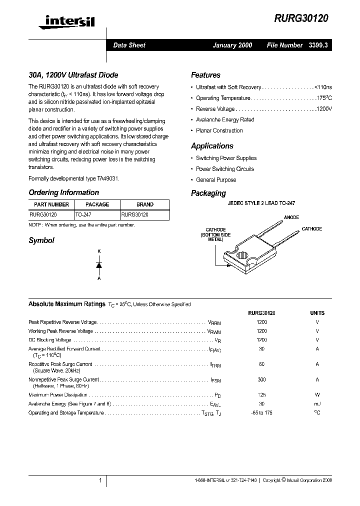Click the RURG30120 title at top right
[301, 18]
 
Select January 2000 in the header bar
[232, 45]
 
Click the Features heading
[205, 75]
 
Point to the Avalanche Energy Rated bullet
[224, 120]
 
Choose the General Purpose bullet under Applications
[215, 180]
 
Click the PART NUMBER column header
[51, 204]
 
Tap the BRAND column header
[145, 204]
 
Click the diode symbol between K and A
[99, 264]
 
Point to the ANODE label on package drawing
[291, 217]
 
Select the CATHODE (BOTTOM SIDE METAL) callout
[215, 235]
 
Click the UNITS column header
[317, 313]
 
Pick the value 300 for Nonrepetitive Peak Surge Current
[261, 380]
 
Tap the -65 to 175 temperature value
[261, 413]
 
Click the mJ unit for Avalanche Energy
[317, 404]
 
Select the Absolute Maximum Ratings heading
[66, 304]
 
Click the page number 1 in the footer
[100, 480]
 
